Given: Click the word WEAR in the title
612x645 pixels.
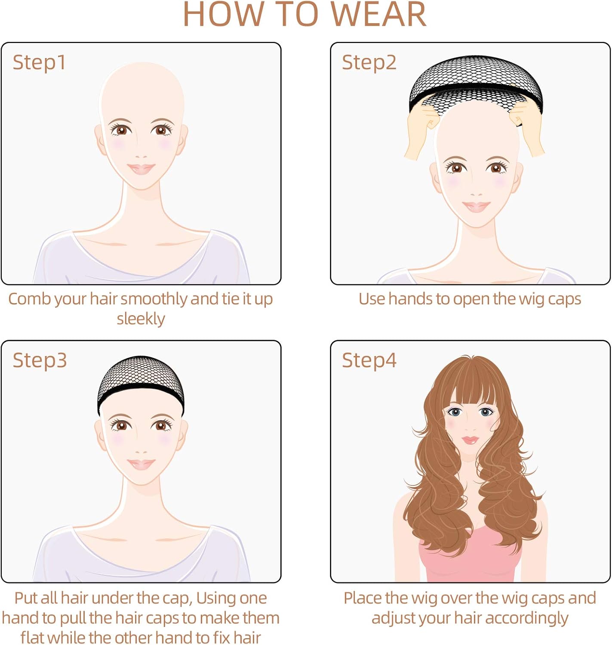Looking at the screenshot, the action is point(378,15).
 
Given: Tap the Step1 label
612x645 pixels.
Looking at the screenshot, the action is point(39,63).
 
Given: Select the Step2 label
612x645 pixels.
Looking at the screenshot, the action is point(369,63).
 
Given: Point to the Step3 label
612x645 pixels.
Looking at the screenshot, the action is point(40,360).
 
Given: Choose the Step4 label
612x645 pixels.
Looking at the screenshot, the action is point(369,360).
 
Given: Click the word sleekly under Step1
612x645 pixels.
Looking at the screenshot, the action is point(141,319).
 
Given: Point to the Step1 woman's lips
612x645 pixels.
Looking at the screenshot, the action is point(141,169).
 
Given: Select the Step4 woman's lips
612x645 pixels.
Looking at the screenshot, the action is point(470,440).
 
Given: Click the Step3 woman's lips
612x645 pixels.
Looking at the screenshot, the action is point(141,464).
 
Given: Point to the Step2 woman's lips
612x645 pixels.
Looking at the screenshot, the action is point(476,207).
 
